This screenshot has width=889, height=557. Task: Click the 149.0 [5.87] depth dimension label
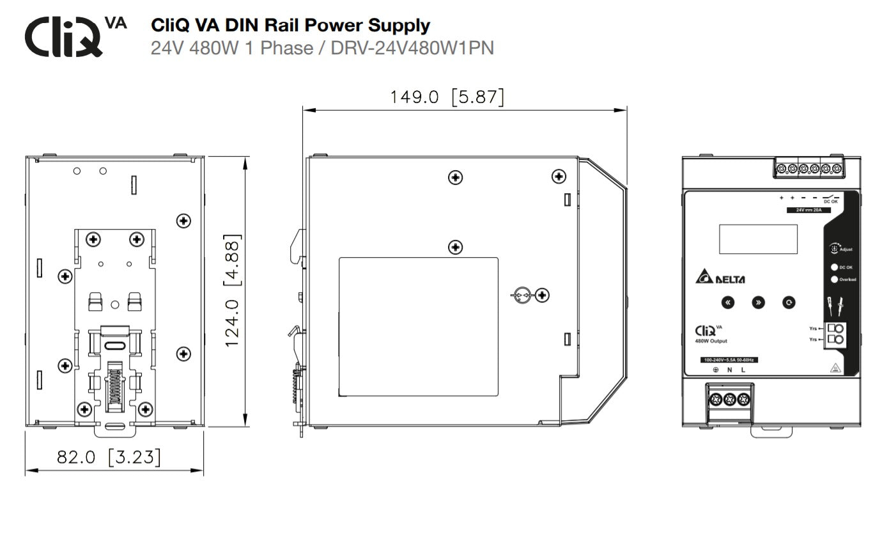click(x=447, y=97)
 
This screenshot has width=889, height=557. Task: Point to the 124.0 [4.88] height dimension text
click(x=233, y=290)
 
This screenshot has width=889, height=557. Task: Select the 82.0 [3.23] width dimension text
click(x=109, y=457)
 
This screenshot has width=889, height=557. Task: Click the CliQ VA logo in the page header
click(x=75, y=36)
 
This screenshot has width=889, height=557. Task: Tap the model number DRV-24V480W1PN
click(x=412, y=48)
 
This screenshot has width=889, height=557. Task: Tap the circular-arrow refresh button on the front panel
click(x=789, y=302)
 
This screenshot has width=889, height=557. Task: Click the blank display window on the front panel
click(x=758, y=239)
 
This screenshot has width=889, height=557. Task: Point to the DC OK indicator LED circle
click(x=834, y=267)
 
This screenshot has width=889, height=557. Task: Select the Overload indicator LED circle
click(x=834, y=279)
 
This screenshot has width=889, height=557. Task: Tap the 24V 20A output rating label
click(x=804, y=210)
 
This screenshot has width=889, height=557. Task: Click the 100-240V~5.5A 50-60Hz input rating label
click(x=729, y=360)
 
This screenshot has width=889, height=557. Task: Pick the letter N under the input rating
click(x=729, y=370)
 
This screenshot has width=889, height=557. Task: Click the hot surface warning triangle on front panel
click(x=834, y=368)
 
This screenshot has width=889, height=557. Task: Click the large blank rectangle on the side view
click(x=418, y=326)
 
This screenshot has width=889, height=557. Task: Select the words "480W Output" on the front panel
click(x=711, y=341)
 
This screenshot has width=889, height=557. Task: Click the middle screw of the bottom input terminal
click(x=729, y=400)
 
